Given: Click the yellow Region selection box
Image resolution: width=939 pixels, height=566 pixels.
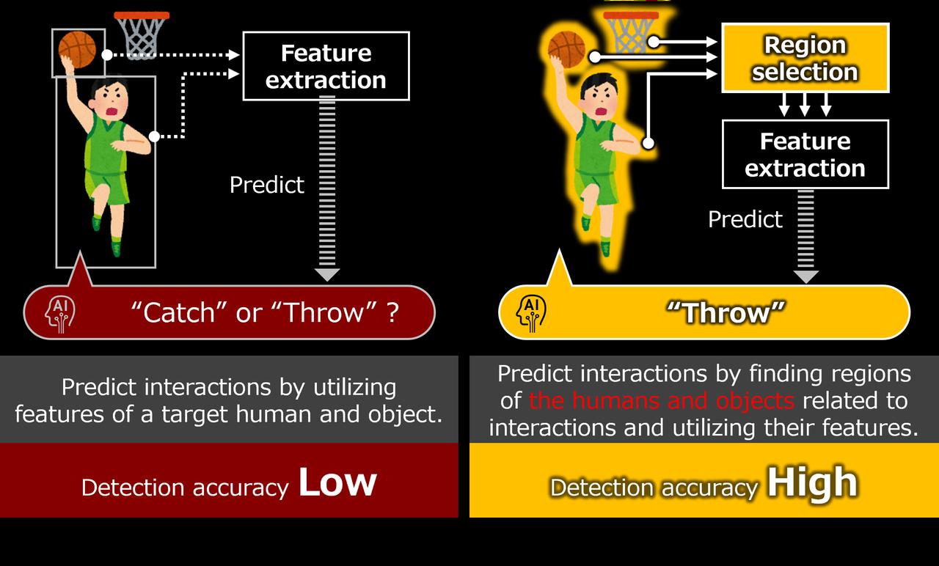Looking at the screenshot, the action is tap(805, 58).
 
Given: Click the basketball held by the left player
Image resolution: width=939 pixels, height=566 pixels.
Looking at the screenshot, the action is tap(77, 49).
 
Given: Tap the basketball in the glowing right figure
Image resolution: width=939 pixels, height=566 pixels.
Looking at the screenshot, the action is tap(567, 49).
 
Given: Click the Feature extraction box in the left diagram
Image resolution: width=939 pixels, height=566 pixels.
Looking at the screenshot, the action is tap(326, 66).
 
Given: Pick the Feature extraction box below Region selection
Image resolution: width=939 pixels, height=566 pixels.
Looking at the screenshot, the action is tap(805, 154).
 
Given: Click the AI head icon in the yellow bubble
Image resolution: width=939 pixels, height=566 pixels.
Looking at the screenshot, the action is tap(531, 313).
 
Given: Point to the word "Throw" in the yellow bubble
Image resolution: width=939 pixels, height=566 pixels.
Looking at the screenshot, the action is tap(726, 312).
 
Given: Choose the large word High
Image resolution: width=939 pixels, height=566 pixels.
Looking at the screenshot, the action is tap(812, 482).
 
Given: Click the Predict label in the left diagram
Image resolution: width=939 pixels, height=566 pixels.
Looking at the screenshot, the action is tap(266, 185).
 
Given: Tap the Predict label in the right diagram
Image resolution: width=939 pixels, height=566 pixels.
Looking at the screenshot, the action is tap(745, 219).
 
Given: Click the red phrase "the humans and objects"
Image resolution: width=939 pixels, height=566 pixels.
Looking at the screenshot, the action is tap(662, 400).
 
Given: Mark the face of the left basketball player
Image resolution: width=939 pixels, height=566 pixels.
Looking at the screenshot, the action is tap(111, 100).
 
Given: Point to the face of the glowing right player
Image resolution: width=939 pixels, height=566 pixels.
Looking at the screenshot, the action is tap(600, 99).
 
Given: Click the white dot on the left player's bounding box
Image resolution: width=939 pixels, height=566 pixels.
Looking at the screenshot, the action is tap(154, 136).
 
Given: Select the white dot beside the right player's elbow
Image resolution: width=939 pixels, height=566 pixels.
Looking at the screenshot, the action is tap(648, 144).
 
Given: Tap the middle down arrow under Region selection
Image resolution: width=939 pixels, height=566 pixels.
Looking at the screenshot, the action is tap(805, 104).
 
